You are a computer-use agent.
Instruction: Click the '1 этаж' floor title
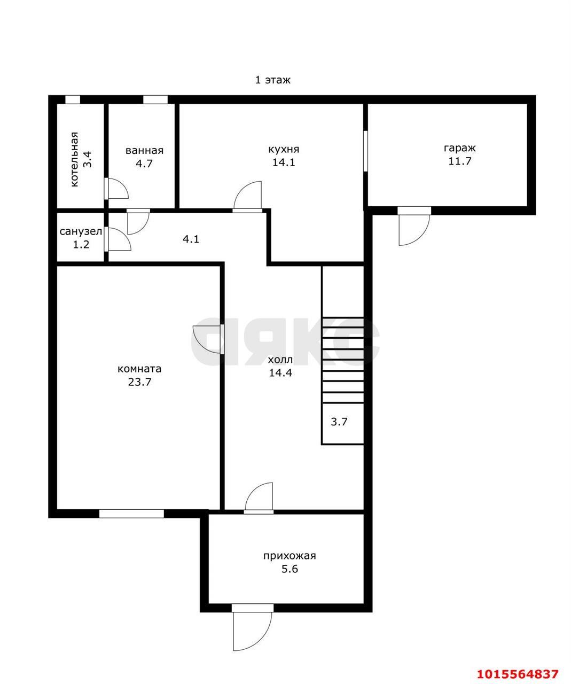coord(273,80)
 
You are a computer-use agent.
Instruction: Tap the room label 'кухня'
coord(284,150)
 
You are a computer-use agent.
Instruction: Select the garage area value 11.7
coord(460,161)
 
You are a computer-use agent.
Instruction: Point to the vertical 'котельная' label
coord(75,160)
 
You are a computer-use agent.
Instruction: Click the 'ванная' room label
coord(144,151)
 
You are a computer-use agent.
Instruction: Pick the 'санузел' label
coord(81,231)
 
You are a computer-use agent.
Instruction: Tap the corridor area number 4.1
coord(191,239)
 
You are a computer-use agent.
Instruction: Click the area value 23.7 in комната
coord(139,382)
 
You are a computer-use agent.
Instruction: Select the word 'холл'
coord(280,360)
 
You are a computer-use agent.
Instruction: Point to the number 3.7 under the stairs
coord(339,422)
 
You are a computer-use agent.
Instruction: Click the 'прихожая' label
coord(290,556)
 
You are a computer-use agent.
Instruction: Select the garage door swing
coord(414,226)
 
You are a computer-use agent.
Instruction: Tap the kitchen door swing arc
coord(247,197)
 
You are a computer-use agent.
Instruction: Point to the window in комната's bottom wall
coord(131,514)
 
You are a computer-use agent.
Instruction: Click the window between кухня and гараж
coord(366,151)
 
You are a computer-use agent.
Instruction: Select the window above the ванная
coord(155,99)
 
